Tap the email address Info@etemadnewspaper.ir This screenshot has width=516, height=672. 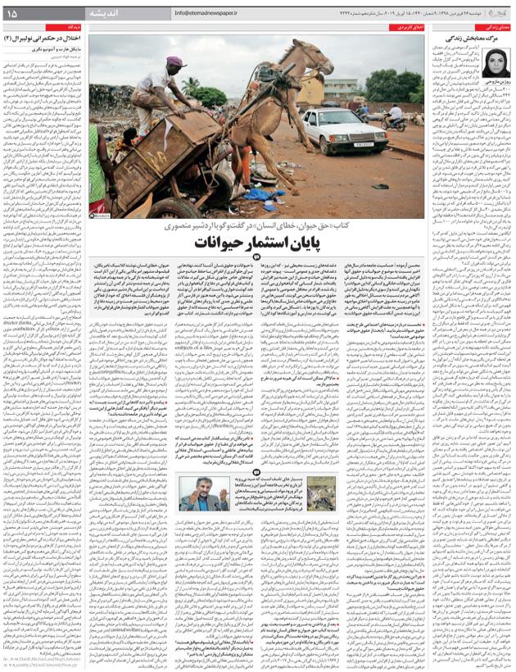206,13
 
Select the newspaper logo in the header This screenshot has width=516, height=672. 494,12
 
